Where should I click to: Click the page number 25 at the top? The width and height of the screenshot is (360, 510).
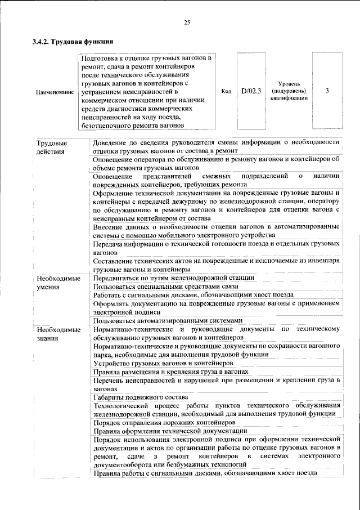coord(187,23)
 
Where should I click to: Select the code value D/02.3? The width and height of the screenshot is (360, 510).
coord(251,90)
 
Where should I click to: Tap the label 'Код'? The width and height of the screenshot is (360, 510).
coord(226,91)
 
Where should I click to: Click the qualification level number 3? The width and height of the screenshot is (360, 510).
coord(327,90)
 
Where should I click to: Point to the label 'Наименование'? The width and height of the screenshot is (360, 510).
coord(55,91)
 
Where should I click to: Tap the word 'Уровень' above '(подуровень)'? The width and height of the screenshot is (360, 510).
coord(289,83)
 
